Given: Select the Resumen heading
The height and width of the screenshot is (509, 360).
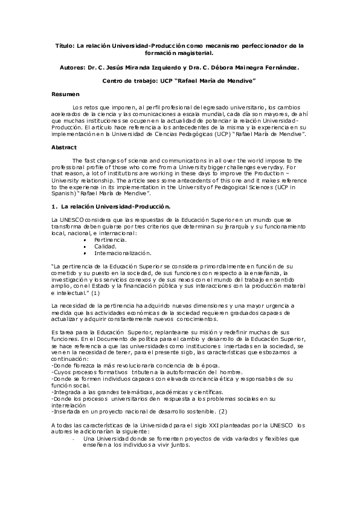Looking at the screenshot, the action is coord(65,95).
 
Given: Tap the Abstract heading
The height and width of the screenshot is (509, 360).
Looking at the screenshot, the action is coord(65,147).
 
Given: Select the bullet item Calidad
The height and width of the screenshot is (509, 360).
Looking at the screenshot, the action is coord(104,247).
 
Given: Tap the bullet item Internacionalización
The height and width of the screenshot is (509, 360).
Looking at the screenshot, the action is coord(123,253).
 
